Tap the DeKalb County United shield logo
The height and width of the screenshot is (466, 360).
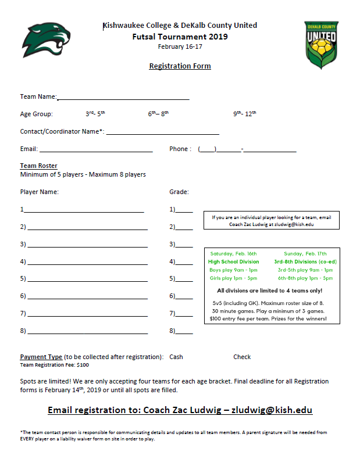coord(322,45)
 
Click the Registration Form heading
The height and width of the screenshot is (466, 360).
coord(180,66)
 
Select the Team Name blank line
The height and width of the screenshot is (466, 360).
coord(123,98)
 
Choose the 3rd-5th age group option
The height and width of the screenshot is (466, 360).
coord(95,114)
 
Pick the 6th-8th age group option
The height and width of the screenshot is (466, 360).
coord(158,114)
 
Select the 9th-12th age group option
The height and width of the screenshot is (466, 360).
coord(245,114)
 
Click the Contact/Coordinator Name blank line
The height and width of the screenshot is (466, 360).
coord(162,132)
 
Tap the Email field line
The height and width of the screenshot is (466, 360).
coord(97,150)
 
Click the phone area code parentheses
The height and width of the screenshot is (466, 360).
coord(207,149)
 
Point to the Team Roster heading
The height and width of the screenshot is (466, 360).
coord(39,166)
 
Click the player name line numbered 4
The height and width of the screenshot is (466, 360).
coord(87,263)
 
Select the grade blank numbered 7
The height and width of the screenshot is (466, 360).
coord(184,314)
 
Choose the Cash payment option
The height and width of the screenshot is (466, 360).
coord(176,357)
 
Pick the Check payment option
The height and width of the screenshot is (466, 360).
coord(242,357)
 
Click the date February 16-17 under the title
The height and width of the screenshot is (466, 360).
coord(180,46)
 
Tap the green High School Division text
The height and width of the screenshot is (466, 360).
coord(234,262)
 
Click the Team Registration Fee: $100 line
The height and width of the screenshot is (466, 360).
coord(55,365)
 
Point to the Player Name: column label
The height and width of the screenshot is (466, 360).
coord(40,192)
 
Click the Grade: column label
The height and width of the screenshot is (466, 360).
coord(179,192)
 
